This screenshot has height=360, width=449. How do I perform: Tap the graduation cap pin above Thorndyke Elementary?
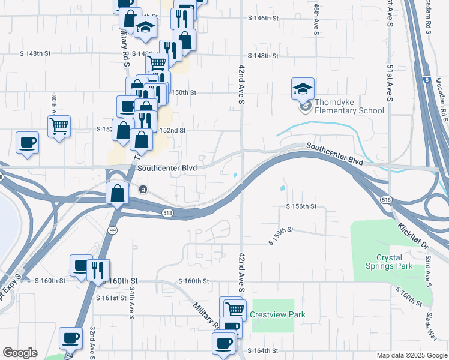[x=303, y=89]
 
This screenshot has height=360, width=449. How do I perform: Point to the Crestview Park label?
[x=278, y=314]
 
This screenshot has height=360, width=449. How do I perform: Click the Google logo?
[x=20, y=352]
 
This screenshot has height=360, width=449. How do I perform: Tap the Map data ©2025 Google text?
[x=412, y=355]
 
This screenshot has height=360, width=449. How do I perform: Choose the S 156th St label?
[x=301, y=206]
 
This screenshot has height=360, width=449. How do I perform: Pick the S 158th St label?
[x=280, y=235]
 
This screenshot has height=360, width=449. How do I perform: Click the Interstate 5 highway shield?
[x=426, y=79]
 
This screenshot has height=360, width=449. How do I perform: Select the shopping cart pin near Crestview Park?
[x=235, y=310]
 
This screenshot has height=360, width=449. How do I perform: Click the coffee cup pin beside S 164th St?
[x=224, y=344]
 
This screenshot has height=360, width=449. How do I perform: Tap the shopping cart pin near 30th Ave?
[x=59, y=127]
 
